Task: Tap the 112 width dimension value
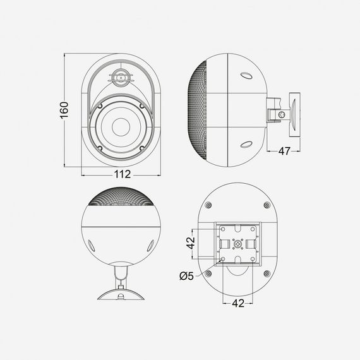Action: click(x=121, y=174)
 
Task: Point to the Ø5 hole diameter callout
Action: click(x=187, y=275)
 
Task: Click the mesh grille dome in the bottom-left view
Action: click(x=121, y=200)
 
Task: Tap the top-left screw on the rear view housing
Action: click(x=209, y=206)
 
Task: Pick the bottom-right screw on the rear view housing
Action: click(x=267, y=273)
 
